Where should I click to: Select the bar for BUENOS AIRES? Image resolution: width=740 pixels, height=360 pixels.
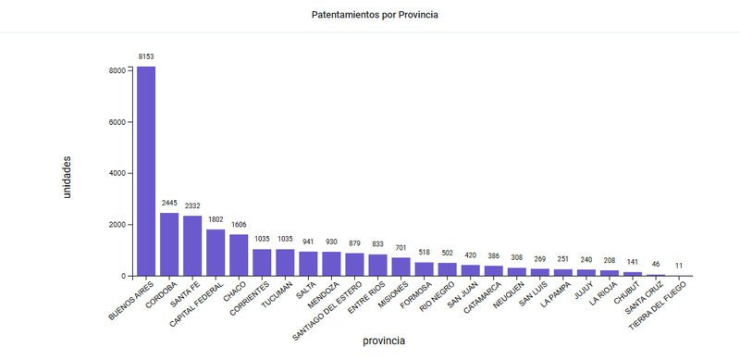pyautogui.click(x=146, y=171)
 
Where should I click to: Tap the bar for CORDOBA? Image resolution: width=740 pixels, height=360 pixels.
pyautogui.click(x=169, y=244)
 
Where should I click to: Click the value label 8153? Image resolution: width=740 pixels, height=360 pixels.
pyautogui.click(x=146, y=56)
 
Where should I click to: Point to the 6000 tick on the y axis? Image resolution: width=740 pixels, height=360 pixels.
pyautogui.click(x=115, y=122)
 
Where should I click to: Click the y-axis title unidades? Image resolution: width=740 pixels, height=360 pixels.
pyautogui.click(x=67, y=176)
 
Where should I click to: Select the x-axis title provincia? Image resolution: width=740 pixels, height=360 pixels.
pyautogui.click(x=383, y=341)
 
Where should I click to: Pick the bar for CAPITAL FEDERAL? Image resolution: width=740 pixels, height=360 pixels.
pyautogui.click(x=216, y=253)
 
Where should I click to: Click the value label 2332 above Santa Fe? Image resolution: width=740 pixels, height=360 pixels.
pyautogui.click(x=192, y=205)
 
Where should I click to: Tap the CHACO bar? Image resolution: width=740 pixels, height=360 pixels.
pyautogui.click(x=239, y=255)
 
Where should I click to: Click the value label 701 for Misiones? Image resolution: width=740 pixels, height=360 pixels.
pyautogui.click(x=401, y=248)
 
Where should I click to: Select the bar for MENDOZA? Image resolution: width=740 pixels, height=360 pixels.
pyautogui.click(x=331, y=264)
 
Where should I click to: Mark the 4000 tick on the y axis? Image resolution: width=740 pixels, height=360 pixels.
pyautogui.click(x=115, y=173)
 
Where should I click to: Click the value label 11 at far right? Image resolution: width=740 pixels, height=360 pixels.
pyautogui.click(x=679, y=266)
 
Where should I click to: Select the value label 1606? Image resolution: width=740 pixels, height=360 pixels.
pyautogui.click(x=239, y=225)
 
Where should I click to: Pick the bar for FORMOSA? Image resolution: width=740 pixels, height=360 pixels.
pyautogui.click(x=424, y=269)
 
